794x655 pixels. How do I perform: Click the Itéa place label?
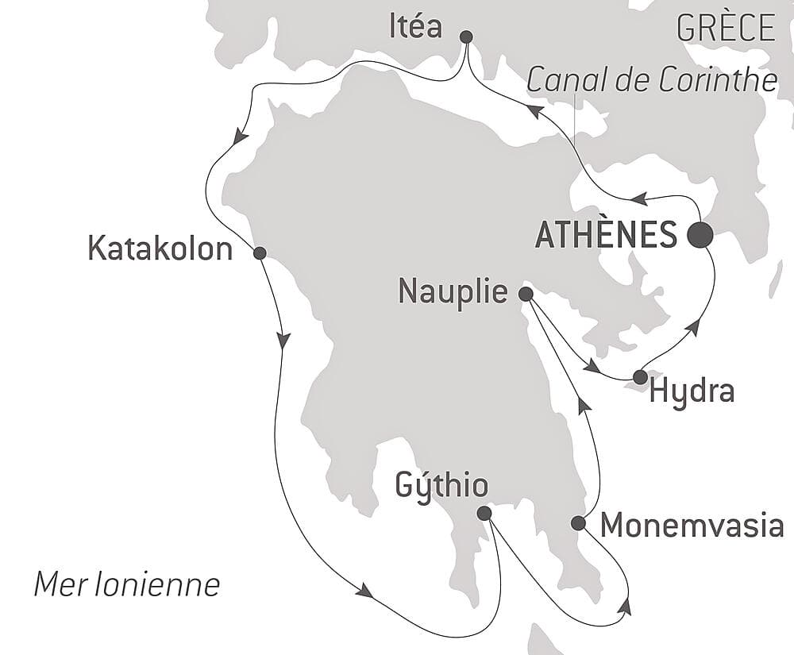click(x=416, y=26)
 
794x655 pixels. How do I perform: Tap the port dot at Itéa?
click(x=466, y=37)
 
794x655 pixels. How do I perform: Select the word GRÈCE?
click(x=726, y=28)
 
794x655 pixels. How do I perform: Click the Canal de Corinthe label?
click(x=651, y=79)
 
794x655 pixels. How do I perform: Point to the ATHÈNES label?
click(x=607, y=235)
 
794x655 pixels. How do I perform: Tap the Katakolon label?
click(x=160, y=249)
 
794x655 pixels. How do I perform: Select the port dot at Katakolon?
click(x=259, y=253)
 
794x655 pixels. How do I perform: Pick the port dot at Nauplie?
click(x=525, y=294)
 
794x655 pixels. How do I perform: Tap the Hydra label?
click(x=692, y=391)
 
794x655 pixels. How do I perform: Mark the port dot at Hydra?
click(x=639, y=376)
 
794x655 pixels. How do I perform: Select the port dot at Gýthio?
click(x=484, y=514)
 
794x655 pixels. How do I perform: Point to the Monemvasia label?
click(x=692, y=525)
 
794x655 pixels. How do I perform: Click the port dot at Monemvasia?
click(x=579, y=522)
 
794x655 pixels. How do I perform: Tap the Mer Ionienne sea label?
click(x=127, y=585)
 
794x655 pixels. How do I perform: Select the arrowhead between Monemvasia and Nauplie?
click(x=584, y=405)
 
